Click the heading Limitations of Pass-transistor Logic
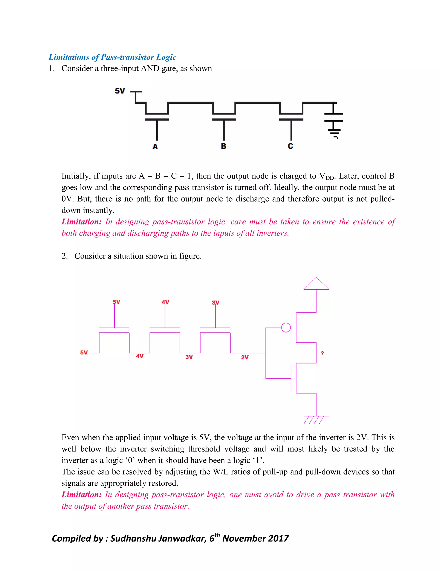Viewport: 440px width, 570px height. coord(112,57)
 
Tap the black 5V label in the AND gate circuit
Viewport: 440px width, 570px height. coord(120,91)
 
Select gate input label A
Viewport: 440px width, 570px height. coord(155,147)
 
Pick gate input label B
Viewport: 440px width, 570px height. coord(223,146)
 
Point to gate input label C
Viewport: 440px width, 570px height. coord(290,146)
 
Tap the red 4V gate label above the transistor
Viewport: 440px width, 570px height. coord(165,302)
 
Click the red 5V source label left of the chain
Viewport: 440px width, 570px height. coord(84,353)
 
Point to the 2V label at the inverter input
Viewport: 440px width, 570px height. coord(244,357)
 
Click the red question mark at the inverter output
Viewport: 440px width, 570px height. coord(322,353)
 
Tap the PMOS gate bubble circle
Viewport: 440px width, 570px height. coord(286,327)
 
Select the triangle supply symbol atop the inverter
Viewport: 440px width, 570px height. coord(316,284)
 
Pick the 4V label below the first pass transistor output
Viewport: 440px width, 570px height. coord(139,356)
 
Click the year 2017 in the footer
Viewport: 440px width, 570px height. coord(278,538)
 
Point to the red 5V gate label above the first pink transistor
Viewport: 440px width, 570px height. coord(116,302)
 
